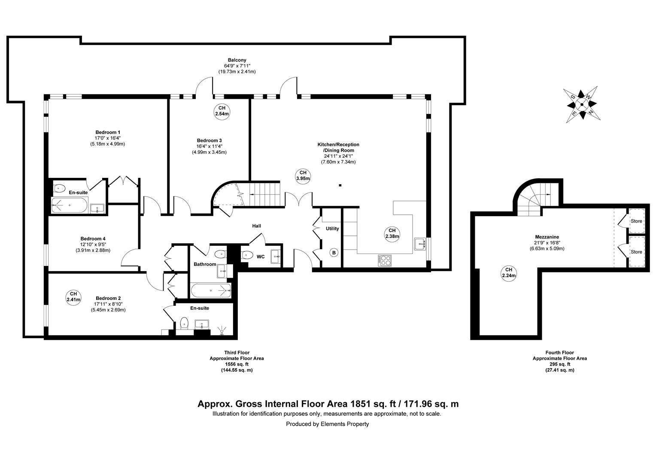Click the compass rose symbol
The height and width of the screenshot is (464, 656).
tap(581, 104)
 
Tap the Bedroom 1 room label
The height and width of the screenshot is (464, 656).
tap(108, 132)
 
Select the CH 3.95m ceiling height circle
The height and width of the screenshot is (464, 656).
tap(303, 175)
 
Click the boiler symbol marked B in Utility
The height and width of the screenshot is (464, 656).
tap(334, 253)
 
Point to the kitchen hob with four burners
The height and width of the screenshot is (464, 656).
tap(385, 259)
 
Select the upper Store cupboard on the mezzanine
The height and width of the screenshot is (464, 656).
tap(636, 221)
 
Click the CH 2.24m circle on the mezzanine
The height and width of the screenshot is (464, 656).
tap(509, 272)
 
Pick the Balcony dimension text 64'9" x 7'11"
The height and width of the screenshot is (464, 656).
tap(237, 66)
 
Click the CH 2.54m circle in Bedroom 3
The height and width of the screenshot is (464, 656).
tap(222, 111)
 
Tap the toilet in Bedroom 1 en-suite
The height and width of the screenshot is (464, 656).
tap(59, 188)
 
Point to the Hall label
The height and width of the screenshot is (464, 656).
tap(256, 226)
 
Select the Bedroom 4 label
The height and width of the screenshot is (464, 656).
tap(93, 239)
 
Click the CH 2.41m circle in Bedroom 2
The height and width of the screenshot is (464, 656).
tap(73, 296)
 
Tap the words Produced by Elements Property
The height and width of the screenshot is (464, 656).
tap(328, 424)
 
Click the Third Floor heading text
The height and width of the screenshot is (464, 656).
tap(237, 353)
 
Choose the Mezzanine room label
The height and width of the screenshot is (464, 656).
tap(547, 237)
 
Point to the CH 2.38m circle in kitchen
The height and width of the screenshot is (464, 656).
tap(392, 233)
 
